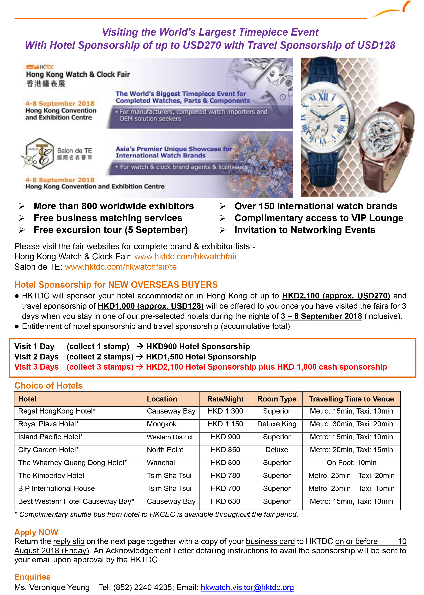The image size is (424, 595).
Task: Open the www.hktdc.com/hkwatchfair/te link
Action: tap(121, 267)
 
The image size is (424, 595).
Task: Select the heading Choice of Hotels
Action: tap(48, 385)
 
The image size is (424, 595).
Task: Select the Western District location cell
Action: tap(170, 437)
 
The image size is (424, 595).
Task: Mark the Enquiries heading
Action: tap(32, 577)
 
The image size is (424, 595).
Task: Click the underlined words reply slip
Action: tap(69, 541)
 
